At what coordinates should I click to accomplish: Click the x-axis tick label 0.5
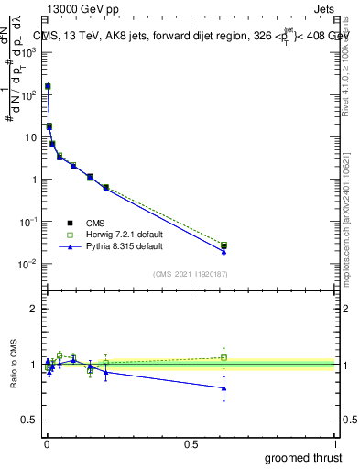191,443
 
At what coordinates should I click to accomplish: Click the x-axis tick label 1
335,443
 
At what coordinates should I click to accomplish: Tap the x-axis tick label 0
46,443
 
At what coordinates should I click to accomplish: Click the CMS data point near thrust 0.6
224,246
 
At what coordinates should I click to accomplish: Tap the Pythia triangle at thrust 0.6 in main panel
224,252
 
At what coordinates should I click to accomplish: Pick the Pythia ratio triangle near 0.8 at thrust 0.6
224,388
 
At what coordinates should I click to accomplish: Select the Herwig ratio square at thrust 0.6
224,357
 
